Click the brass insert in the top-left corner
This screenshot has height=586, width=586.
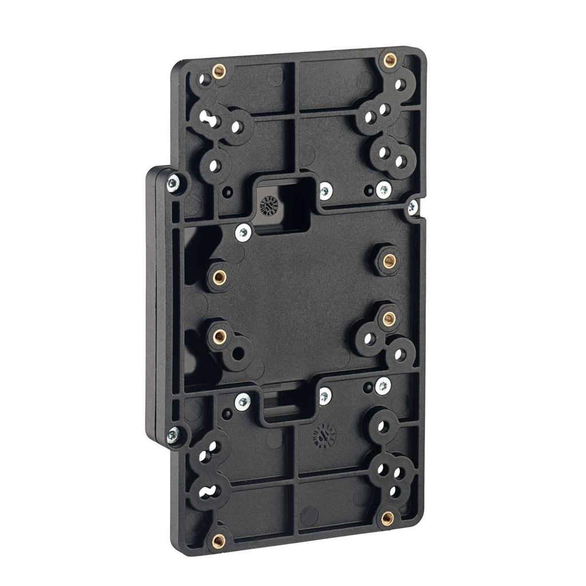point(218,72)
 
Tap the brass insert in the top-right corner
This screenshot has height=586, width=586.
point(390,60)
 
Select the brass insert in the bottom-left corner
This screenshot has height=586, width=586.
point(218,540)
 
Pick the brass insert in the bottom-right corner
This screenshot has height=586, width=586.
point(387,518)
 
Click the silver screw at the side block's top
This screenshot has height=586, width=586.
point(172,184)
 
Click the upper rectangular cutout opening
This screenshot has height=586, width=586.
point(284,206)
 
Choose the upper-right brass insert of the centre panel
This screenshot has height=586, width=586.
point(389,261)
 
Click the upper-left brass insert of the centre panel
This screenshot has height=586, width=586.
point(219,278)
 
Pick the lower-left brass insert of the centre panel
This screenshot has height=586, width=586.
point(219,336)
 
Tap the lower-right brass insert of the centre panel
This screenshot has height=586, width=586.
point(389,318)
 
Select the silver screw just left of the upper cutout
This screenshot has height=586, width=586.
point(243,232)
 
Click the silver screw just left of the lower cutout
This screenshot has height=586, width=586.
point(243,401)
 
